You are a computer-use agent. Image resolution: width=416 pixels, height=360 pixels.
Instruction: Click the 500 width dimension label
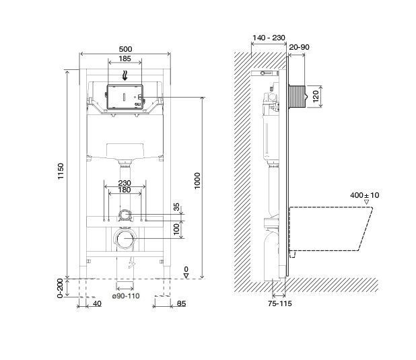pos(125,49)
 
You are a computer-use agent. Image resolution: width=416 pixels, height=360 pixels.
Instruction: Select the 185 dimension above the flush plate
pos(125,59)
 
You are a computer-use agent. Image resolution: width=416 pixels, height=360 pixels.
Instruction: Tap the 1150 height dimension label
pos(61,171)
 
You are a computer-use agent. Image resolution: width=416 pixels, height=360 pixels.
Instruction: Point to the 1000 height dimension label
pos(197,180)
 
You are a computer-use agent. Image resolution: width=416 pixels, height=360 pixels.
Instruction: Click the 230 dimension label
pos(125,183)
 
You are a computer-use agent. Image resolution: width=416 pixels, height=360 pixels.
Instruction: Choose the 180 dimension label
pos(125,190)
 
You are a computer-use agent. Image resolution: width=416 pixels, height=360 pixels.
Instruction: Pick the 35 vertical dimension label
pos(176,207)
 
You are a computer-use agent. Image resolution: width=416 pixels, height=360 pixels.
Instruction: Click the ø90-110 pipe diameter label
pos(126,296)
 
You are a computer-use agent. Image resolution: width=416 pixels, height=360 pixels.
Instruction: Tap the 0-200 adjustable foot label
pos(61,288)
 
